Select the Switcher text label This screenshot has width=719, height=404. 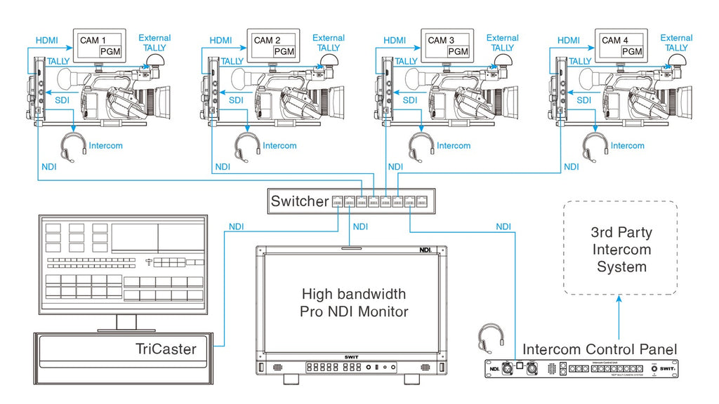coord(300,201)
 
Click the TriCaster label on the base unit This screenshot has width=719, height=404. coord(166,349)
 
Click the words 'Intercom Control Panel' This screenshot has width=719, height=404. coord(600,349)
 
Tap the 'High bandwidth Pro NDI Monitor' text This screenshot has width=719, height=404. coord(354,302)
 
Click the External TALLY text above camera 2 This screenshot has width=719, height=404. coord(329,43)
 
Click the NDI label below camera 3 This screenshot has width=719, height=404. coord(395,167)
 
